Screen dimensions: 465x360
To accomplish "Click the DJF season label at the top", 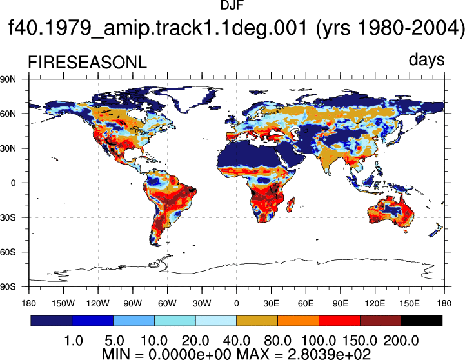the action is coord(232,5).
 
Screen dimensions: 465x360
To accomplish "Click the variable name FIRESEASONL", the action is coord(88,63).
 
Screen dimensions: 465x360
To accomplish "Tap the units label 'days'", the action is coord(426,59).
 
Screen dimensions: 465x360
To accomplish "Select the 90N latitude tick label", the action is coord(8,79).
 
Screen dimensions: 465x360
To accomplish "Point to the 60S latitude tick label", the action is coord(8,252).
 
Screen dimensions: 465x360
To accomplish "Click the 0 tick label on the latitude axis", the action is coord(14,183).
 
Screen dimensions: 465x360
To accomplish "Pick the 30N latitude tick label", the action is coord(8,148).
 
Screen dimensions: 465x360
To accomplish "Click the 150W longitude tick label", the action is coord(63,303).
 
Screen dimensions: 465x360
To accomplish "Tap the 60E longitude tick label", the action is coord(306,303).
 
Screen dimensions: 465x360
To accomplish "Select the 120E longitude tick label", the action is coord(375,303).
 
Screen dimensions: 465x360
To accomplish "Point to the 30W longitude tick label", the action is coord(202,303).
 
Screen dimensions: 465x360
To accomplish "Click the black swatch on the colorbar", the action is coord(421,321).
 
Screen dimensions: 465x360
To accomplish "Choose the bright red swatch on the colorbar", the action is coord(339,321).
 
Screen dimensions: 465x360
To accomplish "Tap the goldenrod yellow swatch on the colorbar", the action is coord(257,321).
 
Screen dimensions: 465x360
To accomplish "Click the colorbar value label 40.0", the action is coord(236,341).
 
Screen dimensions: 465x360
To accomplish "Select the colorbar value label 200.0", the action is coord(401,341).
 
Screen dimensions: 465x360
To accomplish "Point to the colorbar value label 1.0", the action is coord(74,341).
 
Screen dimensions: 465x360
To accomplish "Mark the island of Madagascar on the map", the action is coord(292,205).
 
